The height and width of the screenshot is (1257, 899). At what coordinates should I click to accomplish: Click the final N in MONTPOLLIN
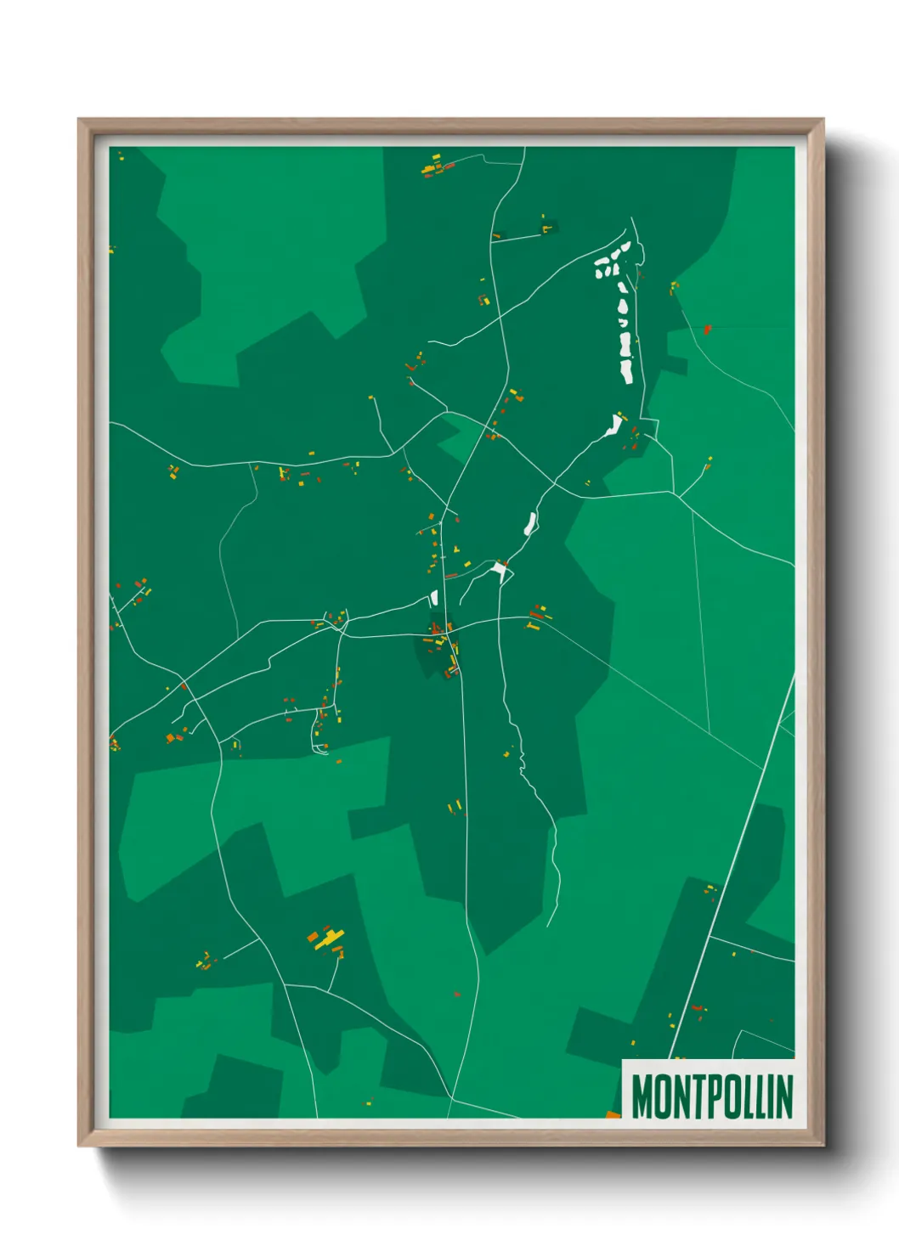[783, 1096]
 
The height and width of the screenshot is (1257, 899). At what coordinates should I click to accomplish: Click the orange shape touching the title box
[613, 1113]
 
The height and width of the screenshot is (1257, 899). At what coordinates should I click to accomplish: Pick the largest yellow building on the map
[325, 939]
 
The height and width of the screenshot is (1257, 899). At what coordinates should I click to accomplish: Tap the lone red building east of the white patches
[707, 329]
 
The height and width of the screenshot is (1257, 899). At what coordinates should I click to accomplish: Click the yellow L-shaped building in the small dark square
[545, 227]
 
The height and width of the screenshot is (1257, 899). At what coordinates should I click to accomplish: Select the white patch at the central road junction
[499, 570]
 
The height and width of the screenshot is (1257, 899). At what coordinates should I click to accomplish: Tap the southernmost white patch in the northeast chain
[613, 425]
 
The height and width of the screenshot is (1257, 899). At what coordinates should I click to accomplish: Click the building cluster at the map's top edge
[435, 166]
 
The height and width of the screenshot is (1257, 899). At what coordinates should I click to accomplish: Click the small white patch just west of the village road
[433, 596]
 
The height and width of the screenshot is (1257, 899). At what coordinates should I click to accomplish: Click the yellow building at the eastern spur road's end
[709, 462]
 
